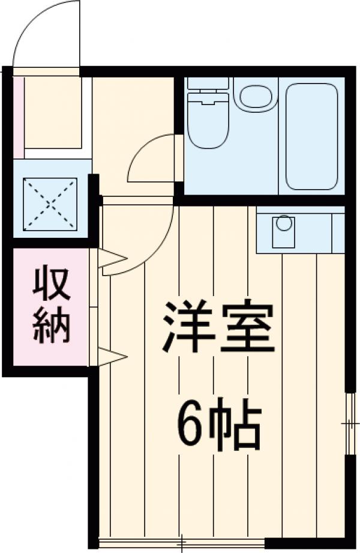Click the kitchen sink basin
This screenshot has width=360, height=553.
pyautogui.click(x=284, y=231)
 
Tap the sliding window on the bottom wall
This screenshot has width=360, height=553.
pyautogui.click(x=180, y=543)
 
